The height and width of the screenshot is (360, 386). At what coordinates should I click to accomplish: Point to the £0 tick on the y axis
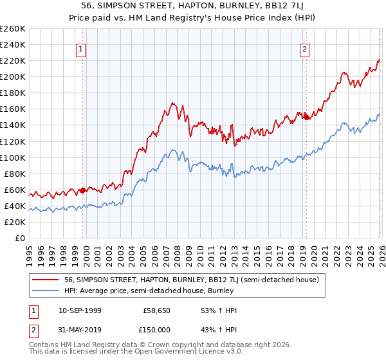coord(19,238)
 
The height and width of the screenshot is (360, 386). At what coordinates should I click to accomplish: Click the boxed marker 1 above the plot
coord(81,48)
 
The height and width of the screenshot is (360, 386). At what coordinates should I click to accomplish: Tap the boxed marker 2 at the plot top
coord(304,48)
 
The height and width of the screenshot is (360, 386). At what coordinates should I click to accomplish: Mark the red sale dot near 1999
coord(82,190)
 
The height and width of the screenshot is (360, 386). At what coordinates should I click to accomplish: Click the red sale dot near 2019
coord(306,117)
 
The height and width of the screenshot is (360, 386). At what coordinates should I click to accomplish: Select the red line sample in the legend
coord(46,280)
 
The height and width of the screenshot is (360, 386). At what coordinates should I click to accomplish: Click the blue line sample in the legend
coord(46,291)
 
